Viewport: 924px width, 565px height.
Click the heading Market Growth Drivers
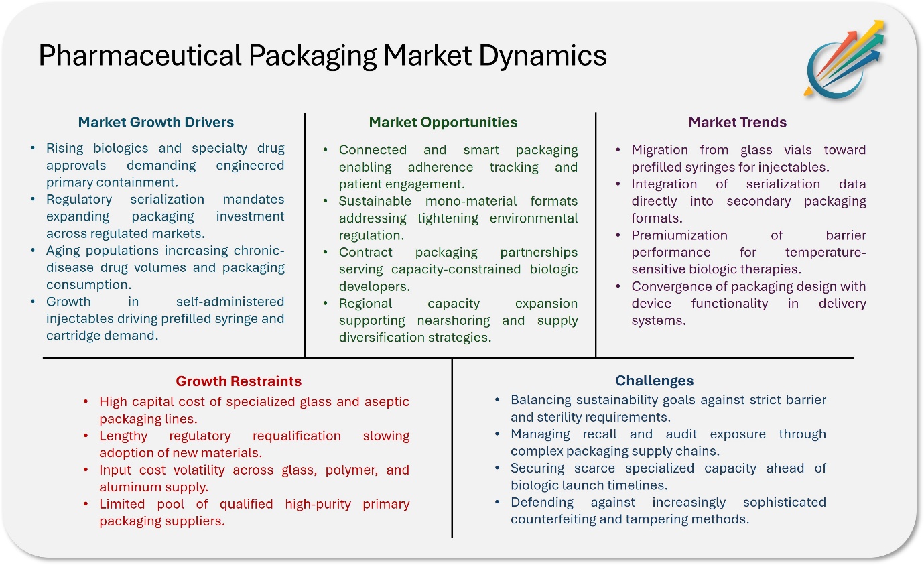point(156,122)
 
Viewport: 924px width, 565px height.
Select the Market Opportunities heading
point(443,122)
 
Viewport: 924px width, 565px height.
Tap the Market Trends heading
point(738,122)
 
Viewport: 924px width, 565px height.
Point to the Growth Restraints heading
point(239,381)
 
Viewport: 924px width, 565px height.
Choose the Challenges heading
point(654,381)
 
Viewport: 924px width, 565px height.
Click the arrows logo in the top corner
point(844,59)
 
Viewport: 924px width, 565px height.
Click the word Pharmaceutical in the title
point(140,56)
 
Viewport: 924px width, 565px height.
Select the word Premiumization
point(679,235)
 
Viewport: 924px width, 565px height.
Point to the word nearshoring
point(454,320)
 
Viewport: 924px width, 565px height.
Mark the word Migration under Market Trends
point(659,150)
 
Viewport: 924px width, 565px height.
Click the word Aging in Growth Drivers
point(62,251)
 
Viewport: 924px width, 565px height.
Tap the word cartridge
point(73,336)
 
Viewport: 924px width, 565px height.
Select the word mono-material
point(470,201)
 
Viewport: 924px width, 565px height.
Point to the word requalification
point(297,436)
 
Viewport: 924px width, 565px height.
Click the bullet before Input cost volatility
point(86,470)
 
